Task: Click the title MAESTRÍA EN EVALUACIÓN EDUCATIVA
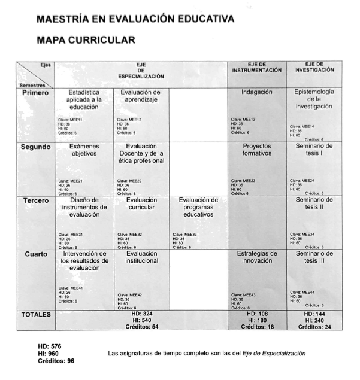tap(135, 19)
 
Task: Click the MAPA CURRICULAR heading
tap(86, 40)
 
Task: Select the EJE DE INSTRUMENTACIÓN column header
tap(256, 67)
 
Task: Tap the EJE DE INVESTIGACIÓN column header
tap(314, 67)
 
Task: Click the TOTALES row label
tap(37, 314)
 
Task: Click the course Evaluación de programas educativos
tap(198, 207)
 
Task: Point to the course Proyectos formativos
tap(257, 150)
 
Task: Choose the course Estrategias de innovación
tap(257, 257)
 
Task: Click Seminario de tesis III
tap(314, 257)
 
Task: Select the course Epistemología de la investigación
tap(314, 99)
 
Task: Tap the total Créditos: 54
tap(141, 327)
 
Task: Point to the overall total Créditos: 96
tap(56, 361)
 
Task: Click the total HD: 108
tap(257, 314)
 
